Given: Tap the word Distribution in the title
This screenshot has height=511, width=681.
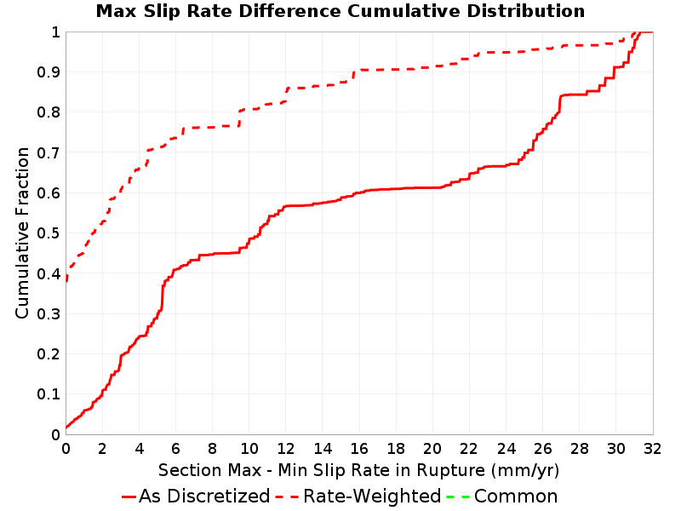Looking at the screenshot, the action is coord(526,11).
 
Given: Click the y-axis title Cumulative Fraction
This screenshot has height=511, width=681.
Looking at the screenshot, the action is coord(22,233).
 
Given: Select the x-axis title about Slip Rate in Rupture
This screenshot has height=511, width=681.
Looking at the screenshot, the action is coord(358,470).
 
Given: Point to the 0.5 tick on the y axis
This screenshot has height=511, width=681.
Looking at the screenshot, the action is coord(49,233).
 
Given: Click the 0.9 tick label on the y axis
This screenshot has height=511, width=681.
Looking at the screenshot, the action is coord(49,72).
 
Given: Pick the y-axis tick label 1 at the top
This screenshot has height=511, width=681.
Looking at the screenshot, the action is coord(55,32).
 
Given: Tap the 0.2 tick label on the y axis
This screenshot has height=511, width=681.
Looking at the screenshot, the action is coord(49,354).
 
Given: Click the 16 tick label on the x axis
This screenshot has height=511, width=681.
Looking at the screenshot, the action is coord(359,449).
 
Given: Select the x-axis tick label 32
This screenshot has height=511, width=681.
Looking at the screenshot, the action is coord(652,449).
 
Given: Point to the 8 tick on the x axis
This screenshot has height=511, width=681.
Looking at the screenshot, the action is coord(212,449).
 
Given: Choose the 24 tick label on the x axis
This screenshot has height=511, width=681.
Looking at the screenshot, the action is coord(506,449).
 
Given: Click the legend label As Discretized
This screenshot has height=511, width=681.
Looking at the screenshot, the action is coord(204,497).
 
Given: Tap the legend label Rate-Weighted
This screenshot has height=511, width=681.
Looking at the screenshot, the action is coord(372,497).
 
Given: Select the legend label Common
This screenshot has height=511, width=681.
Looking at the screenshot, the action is coord(516,497).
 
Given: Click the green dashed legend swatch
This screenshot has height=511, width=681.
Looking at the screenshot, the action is coord(458,497).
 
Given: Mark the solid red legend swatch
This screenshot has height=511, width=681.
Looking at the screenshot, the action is coord(129,497).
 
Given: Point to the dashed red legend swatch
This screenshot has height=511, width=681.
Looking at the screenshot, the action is coord(287,497).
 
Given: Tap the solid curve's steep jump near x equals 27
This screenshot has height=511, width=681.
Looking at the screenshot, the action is coord(559,104).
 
